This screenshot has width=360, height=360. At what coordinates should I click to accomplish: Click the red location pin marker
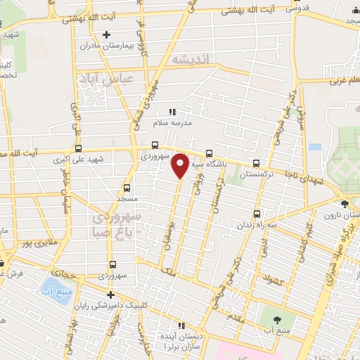coord(180,164)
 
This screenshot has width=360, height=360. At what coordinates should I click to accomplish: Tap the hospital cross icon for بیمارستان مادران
coord(106,34)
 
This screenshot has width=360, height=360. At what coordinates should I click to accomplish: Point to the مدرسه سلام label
coord(172,123)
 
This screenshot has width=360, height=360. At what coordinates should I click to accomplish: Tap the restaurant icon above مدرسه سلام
coord(173,111)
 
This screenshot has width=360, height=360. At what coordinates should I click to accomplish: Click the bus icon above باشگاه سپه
coord(209,154)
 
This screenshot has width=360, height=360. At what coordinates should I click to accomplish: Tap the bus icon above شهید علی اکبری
coord(77,148)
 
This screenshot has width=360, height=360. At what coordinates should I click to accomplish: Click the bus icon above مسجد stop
coord(127,188)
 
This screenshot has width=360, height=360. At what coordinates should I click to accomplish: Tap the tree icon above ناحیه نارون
coord(343,203)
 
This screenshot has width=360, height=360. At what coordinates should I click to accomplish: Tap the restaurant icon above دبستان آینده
coord(181,326)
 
